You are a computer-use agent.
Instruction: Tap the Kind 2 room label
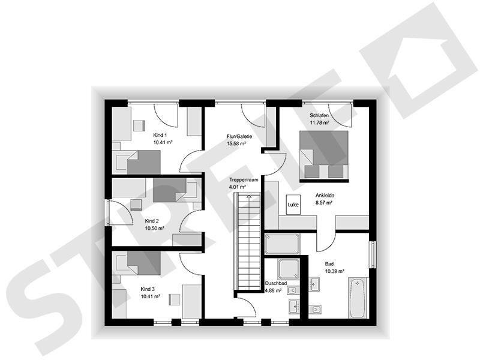[x=152, y=221]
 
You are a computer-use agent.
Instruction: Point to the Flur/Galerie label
[x=240, y=136]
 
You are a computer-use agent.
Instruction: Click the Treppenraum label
[x=243, y=179]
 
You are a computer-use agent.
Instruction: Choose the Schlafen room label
[x=319, y=115]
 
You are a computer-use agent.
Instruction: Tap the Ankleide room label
[x=325, y=196]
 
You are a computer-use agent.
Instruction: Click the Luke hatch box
[x=293, y=205]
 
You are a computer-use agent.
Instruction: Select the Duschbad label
[x=275, y=283]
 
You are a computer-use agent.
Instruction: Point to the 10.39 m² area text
[x=334, y=271]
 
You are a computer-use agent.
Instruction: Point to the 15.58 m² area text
[x=240, y=143]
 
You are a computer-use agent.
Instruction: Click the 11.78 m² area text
[x=319, y=122]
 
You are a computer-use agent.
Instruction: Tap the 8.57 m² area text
[x=324, y=203]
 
